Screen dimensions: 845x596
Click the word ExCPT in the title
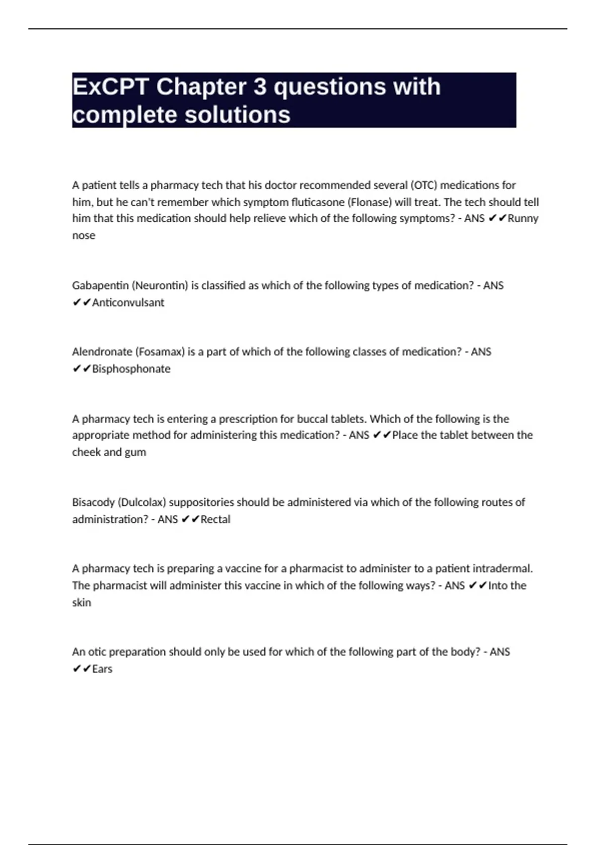[110, 87]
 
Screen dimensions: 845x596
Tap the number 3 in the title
[260, 87]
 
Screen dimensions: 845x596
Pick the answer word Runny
[523, 218]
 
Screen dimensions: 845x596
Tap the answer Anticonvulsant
[128, 302]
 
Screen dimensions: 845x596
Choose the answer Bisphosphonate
[131, 369]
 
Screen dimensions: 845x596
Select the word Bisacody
[93, 502]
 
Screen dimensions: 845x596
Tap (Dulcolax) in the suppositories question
[142, 502]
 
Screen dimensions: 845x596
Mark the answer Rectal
[216, 519]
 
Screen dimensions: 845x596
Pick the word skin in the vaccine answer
[81, 602]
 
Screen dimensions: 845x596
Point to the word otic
[97, 652]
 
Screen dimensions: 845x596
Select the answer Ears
[102, 669]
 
